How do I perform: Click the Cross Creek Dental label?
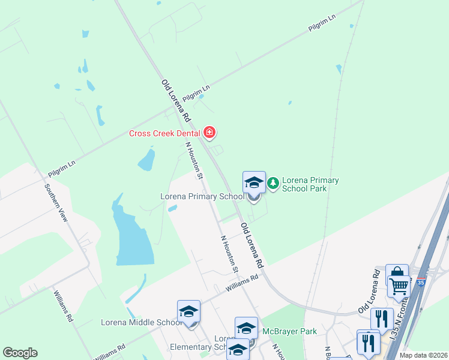(165, 133)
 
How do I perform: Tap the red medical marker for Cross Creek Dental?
(209, 132)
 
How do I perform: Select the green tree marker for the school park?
(273, 182)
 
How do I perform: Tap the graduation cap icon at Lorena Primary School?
(254, 182)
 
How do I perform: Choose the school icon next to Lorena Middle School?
(188, 311)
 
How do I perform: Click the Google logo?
(20, 353)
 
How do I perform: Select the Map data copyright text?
(424, 355)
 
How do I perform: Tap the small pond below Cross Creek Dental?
(146, 159)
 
